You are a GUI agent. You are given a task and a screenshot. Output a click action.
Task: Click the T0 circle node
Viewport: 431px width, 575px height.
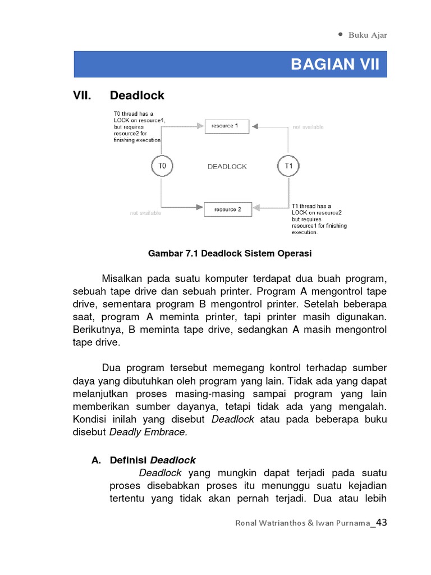click(x=162, y=166)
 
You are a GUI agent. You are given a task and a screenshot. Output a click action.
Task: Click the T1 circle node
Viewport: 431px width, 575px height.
click(x=288, y=166)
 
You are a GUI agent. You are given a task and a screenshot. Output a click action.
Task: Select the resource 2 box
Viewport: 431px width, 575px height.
click(x=228, y=209)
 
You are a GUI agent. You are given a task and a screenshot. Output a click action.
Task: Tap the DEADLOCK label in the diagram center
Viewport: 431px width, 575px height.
click(x=227, y=167)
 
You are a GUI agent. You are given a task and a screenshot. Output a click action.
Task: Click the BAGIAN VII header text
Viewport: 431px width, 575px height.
click(x=334, y=65)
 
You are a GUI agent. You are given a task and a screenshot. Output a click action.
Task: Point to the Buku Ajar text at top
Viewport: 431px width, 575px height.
click(x=368, y=35)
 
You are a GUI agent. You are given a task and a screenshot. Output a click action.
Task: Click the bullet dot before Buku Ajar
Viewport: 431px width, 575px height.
click(x=341, y=34)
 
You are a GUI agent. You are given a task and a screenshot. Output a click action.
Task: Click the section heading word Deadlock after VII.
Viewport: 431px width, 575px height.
click(x=137, y=95)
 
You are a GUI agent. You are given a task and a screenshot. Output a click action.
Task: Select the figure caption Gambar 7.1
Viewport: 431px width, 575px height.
click(x=229, y=253)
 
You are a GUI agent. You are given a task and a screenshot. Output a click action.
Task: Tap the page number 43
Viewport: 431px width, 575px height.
click(x=381, y=523)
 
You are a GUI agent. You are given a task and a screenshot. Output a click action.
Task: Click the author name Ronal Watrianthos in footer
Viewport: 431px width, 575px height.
click(x=272, y=524)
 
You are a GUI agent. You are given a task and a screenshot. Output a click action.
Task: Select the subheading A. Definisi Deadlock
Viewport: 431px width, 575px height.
click(x=143, y=460)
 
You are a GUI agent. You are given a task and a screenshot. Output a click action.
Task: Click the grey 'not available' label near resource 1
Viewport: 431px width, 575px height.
click(x=308, y=127)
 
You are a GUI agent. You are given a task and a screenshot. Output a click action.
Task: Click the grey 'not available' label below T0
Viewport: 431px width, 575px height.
click(x=145, y=213)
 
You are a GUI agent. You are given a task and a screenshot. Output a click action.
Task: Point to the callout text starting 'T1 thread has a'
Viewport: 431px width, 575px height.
click(x=318, y=219)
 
